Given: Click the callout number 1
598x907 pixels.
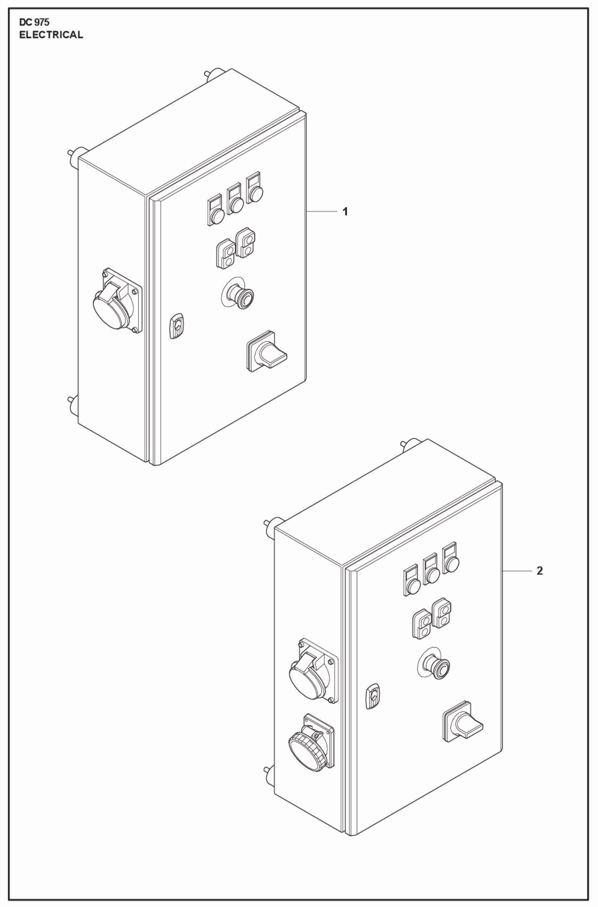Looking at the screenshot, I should [x=345, y=212].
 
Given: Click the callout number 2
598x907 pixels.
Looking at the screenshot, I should [x=539, y=582].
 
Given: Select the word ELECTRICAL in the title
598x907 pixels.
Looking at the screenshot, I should [x=51, y=35].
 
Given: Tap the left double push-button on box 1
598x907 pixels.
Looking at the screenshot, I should [x=226, y=254].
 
